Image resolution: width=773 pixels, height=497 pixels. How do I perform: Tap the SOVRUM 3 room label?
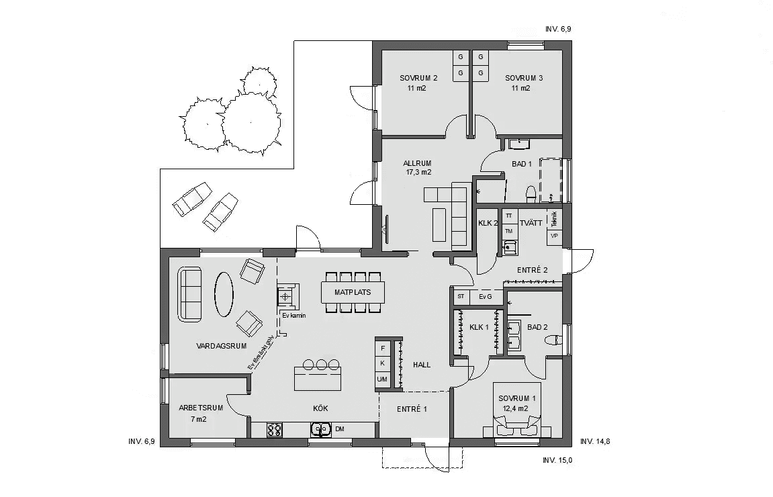(x=524, y=78)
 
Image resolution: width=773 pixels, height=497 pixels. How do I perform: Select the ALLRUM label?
(x=416, y=163)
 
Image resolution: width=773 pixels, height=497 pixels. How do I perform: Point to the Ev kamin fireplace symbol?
(x=287, y=296)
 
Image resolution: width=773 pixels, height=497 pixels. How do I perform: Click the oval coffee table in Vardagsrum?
(x=224, y=293)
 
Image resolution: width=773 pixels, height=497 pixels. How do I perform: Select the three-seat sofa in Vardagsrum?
(x=189, y=293)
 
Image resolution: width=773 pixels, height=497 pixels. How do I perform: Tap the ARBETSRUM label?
(x=201, y=408)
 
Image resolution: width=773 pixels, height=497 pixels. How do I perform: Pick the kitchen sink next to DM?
(x=320, y=429)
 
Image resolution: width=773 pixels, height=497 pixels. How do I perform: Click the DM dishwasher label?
(x=340, y=429)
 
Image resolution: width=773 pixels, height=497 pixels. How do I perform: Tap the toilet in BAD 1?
(x=531, y=193)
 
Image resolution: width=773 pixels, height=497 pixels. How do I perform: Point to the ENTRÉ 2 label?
(x=532, y=270)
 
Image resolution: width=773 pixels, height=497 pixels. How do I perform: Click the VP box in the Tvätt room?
(x=555, y=236)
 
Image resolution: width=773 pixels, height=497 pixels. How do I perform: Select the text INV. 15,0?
(x=557, y=460)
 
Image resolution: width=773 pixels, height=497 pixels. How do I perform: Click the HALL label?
(x=422, y=365)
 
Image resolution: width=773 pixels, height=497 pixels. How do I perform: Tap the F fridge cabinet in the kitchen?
(x=383, y=348)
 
